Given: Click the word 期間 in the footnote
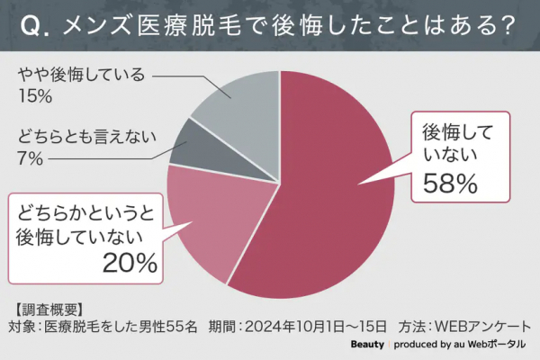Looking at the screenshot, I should click(222, 326).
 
